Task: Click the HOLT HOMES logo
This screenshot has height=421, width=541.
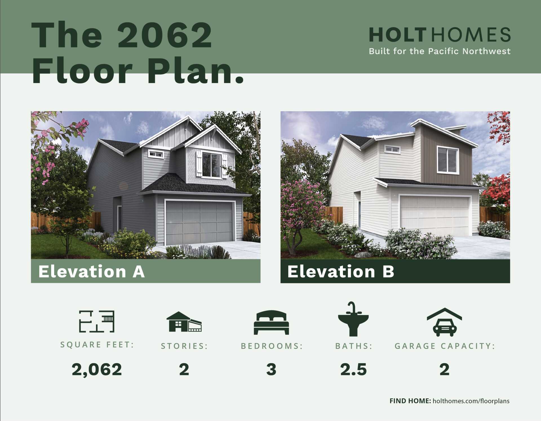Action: click(440, 35)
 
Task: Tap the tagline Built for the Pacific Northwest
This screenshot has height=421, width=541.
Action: click(440, 51)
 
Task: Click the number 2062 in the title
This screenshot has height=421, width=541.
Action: click(165, 35)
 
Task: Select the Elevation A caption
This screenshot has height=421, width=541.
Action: click(92, 271)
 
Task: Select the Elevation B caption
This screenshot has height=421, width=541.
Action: click(341, 271)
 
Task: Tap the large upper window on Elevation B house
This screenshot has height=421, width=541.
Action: click(448, 160)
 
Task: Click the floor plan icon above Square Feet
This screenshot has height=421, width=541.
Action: click(97, 321)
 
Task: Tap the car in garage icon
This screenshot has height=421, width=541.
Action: click(444, 322)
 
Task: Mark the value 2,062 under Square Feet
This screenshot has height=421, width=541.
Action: click(97, 369)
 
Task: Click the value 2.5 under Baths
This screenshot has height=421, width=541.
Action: click(353, 369)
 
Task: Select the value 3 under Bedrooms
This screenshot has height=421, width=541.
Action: click(271, 369)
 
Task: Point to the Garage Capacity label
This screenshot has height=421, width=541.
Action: click(445, 346)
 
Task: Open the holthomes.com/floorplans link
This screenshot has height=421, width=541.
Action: click(471, 401)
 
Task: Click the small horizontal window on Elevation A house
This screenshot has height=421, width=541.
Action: click(156, 154)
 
